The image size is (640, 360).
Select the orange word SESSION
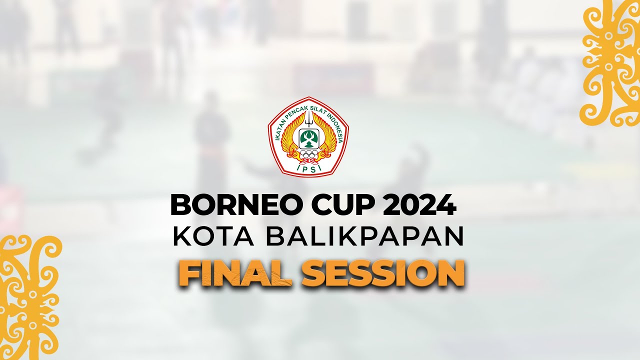[x=382, y=274]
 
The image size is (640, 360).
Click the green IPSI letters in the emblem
[x=308, y=168]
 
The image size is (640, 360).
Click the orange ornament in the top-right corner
[x=611, y=62]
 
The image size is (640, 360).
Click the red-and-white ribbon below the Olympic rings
[x=308, y=161]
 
